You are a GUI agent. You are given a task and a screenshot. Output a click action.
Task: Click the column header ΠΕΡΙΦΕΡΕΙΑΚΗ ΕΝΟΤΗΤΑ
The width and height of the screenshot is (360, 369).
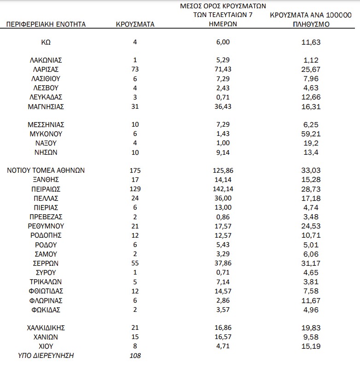pos(46,24)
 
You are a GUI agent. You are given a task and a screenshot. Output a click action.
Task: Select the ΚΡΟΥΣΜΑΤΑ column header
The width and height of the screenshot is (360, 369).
pos(135,24)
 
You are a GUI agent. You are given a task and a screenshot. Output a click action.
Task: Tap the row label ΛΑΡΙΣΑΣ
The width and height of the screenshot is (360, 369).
pos(46,69)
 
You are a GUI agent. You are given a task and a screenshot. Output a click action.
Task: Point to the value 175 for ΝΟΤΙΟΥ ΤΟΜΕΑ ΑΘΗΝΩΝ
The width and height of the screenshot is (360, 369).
pos(135,170)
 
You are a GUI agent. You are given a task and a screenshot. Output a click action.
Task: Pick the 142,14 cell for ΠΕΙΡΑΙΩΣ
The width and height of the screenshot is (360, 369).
pos(223,189)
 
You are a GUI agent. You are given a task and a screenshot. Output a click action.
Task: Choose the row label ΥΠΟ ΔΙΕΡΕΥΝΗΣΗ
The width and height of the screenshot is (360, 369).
pos(46,356)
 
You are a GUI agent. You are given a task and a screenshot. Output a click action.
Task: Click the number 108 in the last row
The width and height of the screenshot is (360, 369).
pos(135,356)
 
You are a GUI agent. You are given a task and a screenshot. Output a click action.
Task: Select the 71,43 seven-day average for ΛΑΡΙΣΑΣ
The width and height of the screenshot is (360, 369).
pos(223,69)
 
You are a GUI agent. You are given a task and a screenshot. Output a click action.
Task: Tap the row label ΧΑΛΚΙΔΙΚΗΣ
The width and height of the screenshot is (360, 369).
pos(46,328)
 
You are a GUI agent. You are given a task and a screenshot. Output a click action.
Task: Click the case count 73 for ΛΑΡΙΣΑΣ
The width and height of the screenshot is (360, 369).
pos(135,69)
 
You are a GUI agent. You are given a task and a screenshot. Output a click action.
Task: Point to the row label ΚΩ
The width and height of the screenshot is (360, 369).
pos(46,42)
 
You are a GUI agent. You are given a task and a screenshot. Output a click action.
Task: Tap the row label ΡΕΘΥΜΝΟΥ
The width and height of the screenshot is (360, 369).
pos(46,226)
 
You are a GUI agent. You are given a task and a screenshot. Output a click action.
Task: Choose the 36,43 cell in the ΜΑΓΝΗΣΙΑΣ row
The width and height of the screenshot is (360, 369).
pos(223,106)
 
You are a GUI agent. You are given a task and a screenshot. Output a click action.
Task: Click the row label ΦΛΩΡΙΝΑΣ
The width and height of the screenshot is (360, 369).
pos(46,300)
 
